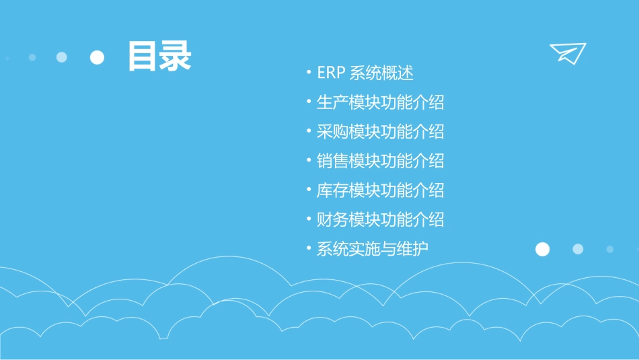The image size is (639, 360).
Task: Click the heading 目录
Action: [x=159, y=57]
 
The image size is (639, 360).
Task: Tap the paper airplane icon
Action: [x=567, y=53]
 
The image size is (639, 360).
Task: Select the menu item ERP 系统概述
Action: [x=365, y=73]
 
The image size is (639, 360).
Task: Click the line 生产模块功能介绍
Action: [x=380, y=102]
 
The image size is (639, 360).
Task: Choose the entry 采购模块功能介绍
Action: [x=380, y=131]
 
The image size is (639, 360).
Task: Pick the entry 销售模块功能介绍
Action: [x=380, y=161]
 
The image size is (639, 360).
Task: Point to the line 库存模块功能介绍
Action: [x=380, y=190]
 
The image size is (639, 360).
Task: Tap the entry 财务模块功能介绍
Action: [x=380, y=219]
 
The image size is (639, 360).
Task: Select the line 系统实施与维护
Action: [x=372, y=249]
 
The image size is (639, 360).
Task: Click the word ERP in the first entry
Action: [x=331, y=73]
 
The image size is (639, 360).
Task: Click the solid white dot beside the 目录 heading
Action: [x=98, y=57]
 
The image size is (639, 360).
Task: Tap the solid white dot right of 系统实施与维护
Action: [x=542, y=249]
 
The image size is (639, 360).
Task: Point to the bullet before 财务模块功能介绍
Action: [x=308, y=219]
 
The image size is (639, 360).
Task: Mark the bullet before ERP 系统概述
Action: [x=308, y=73]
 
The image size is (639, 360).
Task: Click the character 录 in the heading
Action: [x=176, y=57]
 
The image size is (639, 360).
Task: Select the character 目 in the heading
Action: [x=143, y=57]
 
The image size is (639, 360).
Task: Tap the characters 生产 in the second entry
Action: [x=332, y=102]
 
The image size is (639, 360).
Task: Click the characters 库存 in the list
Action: [x=332, y=190]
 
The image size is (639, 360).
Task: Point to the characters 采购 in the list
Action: [x=332, y=131]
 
